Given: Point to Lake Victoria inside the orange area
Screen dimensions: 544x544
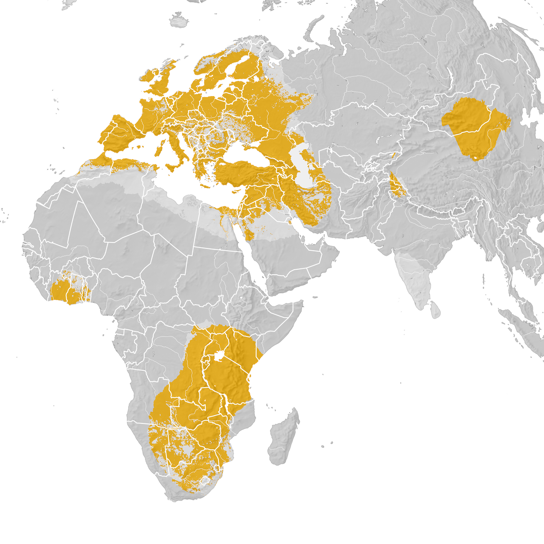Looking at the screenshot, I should pos(219,356).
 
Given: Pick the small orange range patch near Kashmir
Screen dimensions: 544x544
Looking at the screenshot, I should pos(397,186).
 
